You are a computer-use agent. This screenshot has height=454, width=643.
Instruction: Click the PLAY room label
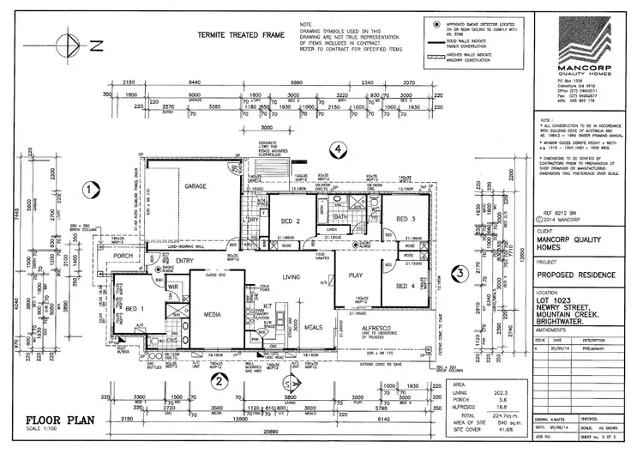(356, 275)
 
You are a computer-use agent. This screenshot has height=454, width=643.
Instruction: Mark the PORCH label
(121, 254)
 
